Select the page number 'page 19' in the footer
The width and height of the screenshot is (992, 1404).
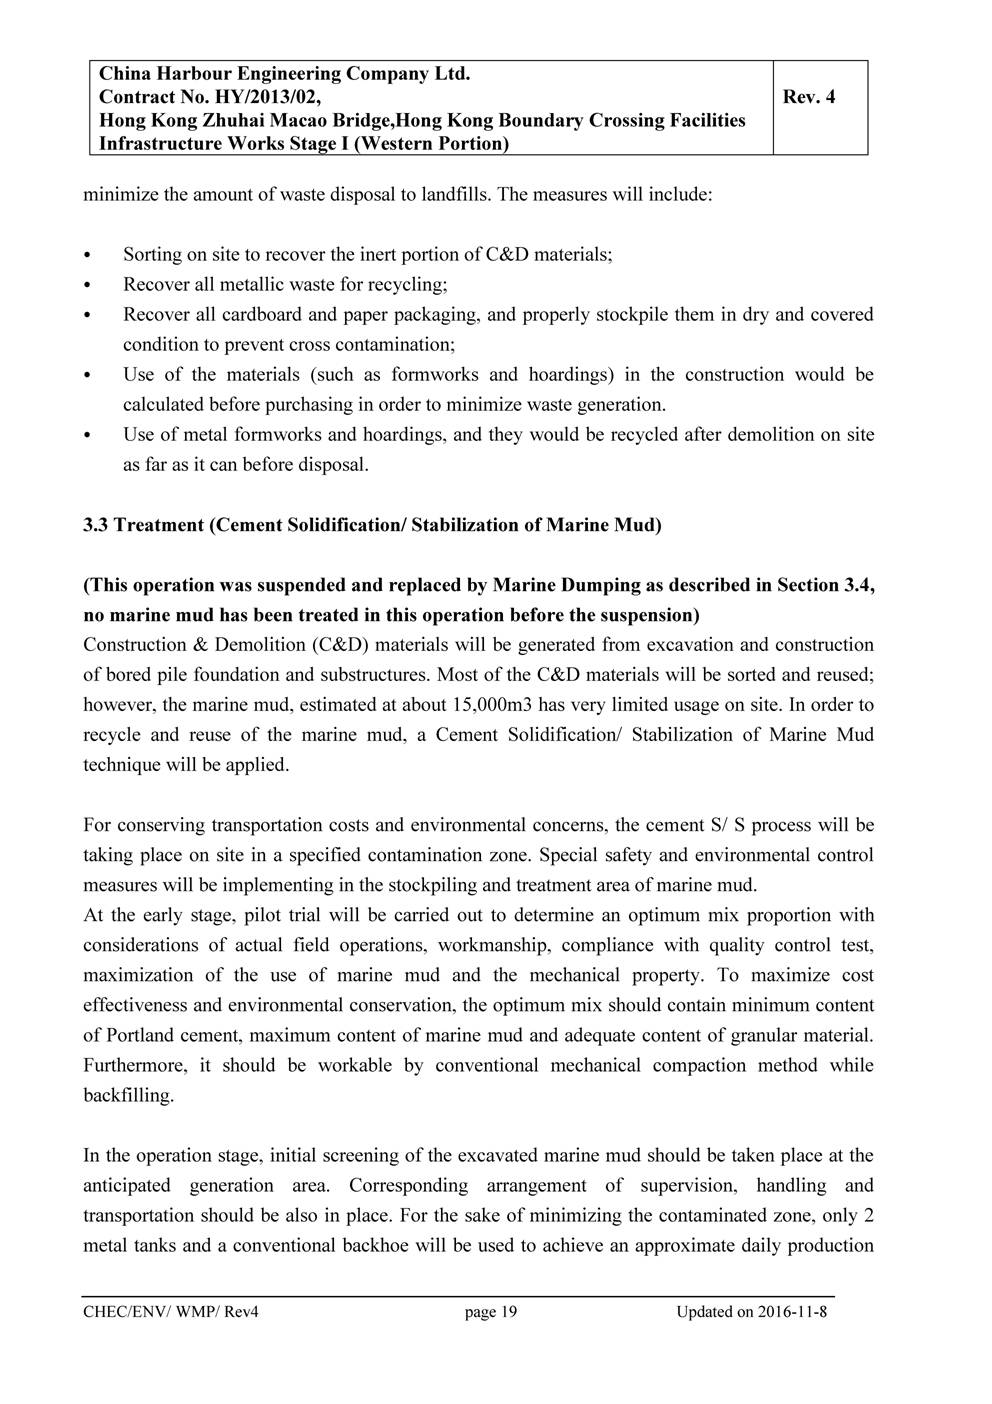491,1312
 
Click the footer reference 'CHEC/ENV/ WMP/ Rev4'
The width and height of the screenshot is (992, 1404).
171,1312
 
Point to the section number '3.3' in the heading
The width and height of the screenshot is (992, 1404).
96,525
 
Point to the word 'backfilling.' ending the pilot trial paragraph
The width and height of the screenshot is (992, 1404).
129,1095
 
